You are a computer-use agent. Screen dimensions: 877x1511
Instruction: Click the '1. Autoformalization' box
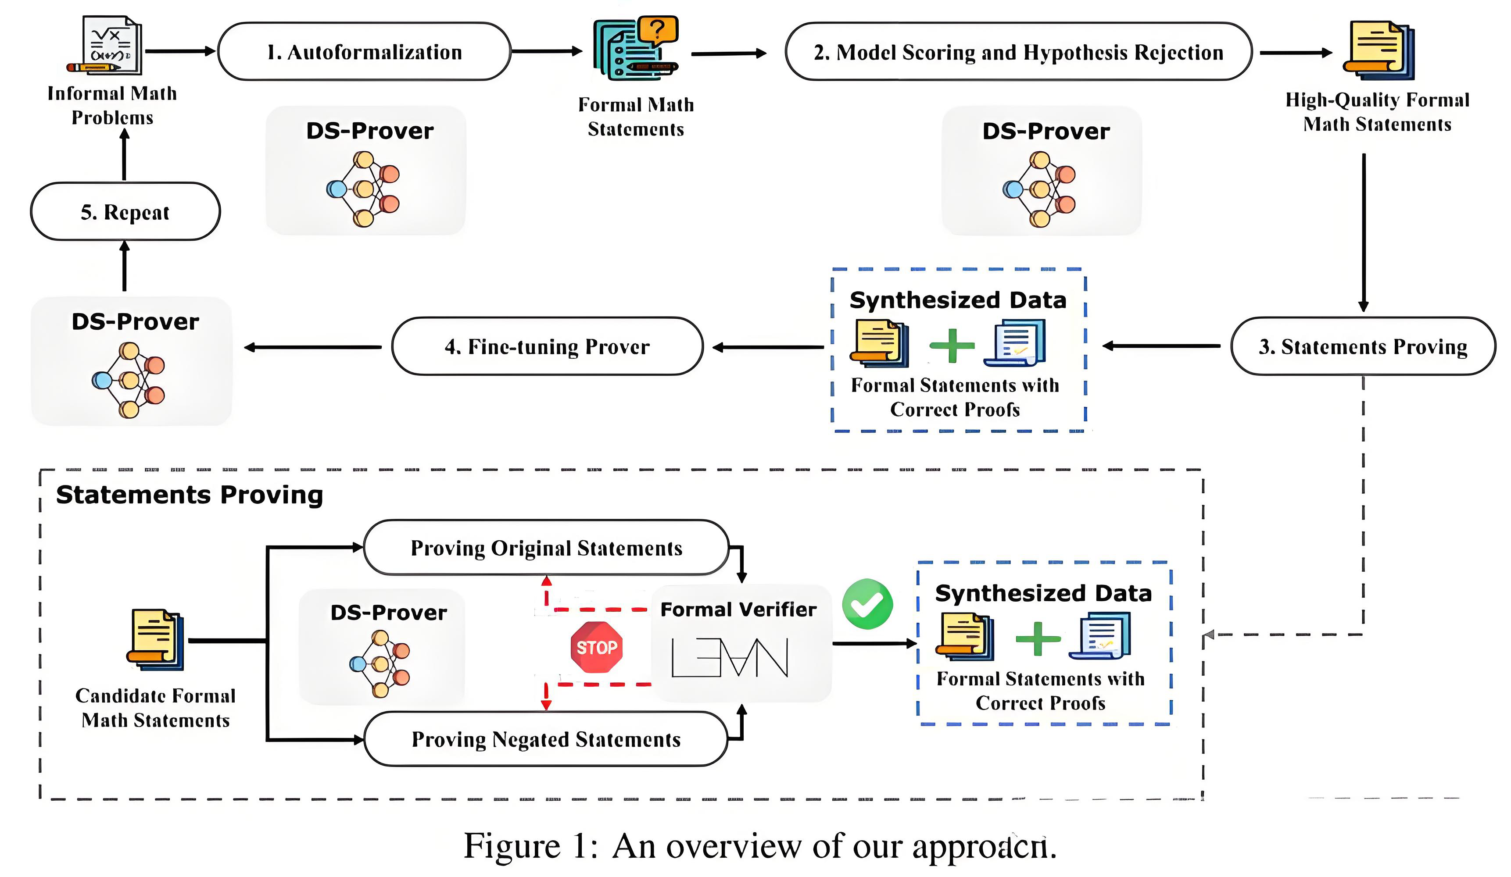pos(364,52)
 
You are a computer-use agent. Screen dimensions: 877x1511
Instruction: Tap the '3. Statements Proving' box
pos(1362,346)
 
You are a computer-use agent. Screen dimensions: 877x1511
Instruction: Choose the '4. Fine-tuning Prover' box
pos(547,346)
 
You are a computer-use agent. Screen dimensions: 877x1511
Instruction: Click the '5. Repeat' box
pos(125,212)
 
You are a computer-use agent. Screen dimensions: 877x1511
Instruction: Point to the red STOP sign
pos(597,647)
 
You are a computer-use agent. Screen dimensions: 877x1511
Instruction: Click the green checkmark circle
pos(867,604)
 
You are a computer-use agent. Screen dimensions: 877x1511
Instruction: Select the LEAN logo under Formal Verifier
pos(729,658)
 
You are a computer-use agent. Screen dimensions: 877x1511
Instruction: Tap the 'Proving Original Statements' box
pos(546,548)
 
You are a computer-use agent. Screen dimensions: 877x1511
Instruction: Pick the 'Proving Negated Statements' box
pos(546,739)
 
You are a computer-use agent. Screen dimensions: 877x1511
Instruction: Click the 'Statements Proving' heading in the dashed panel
pos(190,495)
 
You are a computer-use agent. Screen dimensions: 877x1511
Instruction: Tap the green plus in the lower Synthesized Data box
pos(1038,639)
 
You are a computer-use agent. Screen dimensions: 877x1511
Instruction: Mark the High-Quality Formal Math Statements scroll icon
pos(1378,51)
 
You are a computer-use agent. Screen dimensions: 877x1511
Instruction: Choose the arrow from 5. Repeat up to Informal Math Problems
pos(125,155)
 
